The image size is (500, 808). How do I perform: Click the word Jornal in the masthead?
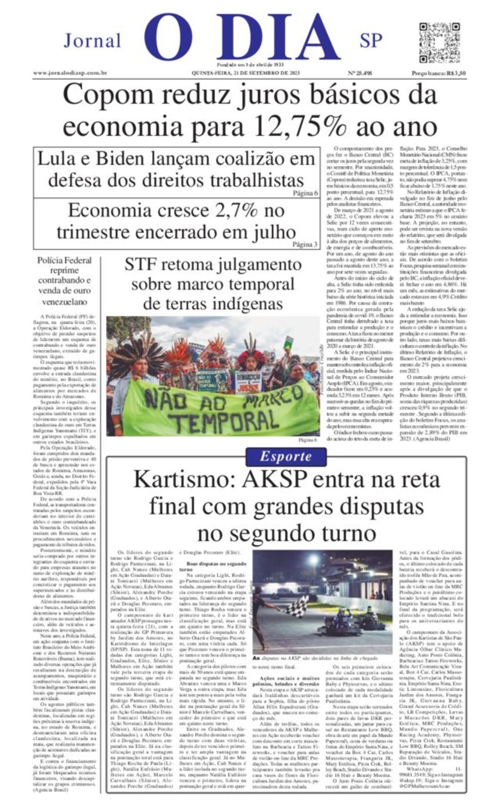(x=92, y=40)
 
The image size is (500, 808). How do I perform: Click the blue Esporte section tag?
(x=285, y=456)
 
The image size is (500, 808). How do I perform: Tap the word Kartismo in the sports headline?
(x=185, y=479)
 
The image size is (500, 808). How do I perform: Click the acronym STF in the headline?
(x=140, y=264)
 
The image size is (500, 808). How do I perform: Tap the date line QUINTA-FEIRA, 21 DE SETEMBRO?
(x=246, y=73)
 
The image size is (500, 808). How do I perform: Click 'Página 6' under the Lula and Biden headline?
(x=305, y=193)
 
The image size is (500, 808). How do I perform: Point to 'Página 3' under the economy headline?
(x=305, y=244)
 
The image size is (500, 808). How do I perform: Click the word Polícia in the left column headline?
(x=51, y=260)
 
